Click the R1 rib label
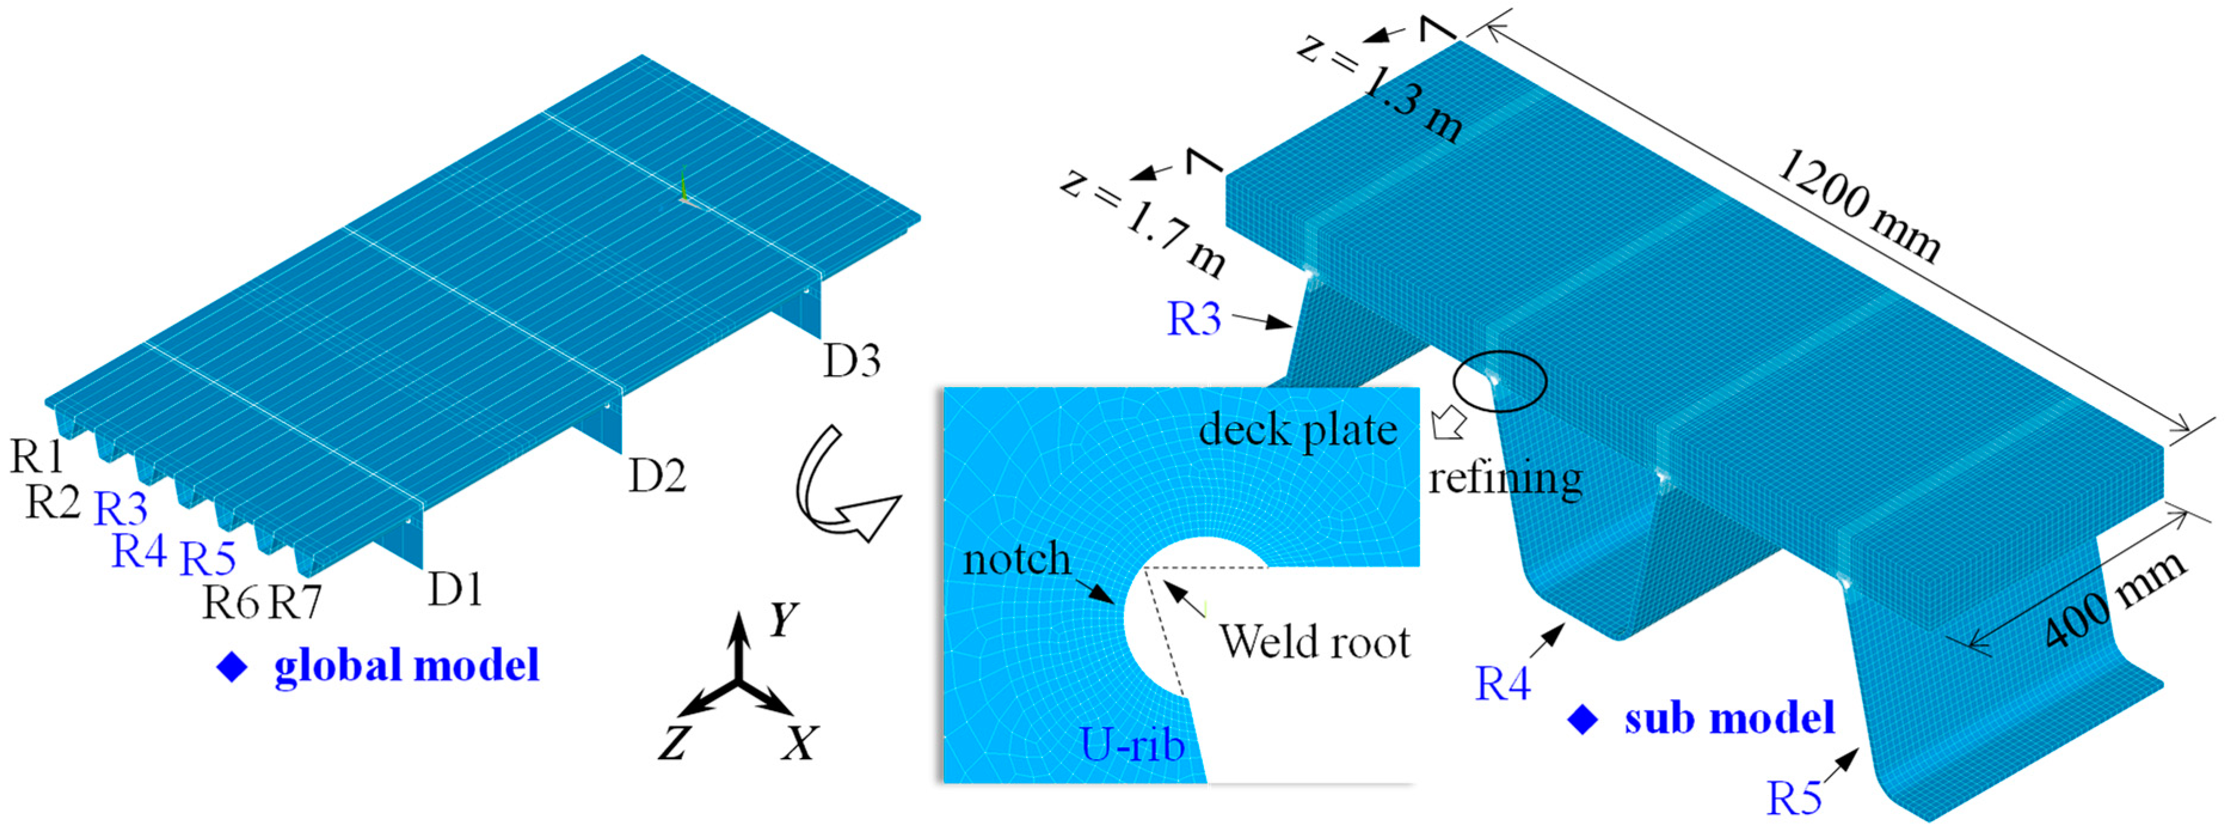36,456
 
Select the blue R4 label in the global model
139,551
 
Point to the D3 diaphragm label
852,361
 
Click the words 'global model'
407,666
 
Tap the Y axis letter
783,619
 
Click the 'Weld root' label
1315,641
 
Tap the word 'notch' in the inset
1016,560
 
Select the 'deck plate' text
1298,430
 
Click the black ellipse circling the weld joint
1499,380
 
